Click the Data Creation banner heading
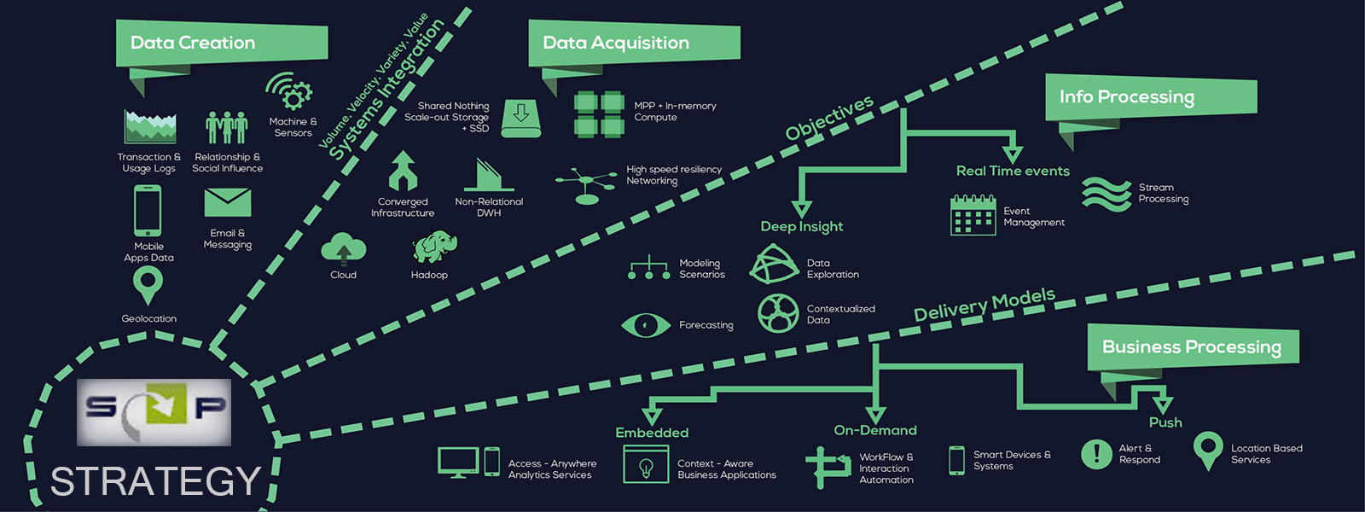point(193,43)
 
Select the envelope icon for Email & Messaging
point(228,203)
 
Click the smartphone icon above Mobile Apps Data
point(148,210)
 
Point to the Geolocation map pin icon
point(148,285)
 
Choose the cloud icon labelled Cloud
point(343,248)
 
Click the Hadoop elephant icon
point(434,247)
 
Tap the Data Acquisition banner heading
point(616,43)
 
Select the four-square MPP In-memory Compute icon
point(599,114)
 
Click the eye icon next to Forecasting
point(646,325)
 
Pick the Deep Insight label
point(802,226)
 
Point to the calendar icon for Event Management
point(973,215)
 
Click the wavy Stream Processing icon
point(1106,194)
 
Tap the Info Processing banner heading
point(1127,96)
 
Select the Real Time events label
point(1013,171)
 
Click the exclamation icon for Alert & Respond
point(1096,454)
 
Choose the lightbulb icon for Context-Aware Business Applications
point(646,466)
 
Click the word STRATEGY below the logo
point(155,481)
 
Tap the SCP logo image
point(154,412)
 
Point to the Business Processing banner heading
point(1192,346)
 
